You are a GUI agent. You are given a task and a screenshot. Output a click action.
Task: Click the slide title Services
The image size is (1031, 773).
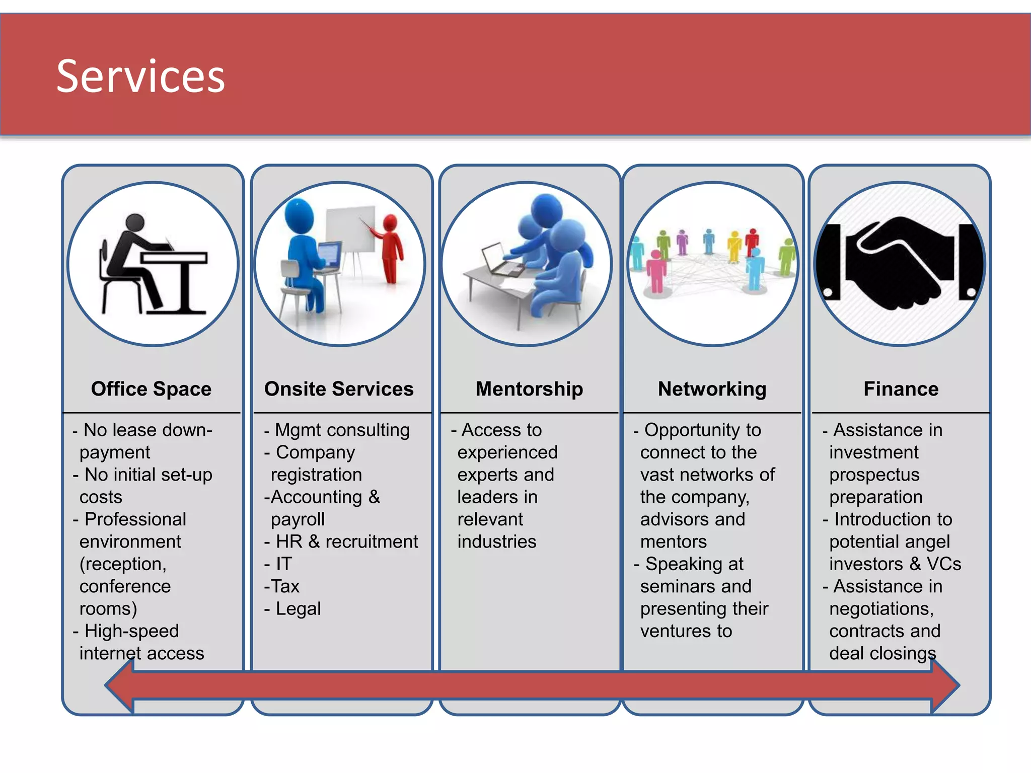point(140,76)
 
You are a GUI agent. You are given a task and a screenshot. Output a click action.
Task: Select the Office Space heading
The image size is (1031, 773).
point(151,389)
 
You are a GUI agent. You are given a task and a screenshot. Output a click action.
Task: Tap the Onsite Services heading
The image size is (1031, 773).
point(339,389)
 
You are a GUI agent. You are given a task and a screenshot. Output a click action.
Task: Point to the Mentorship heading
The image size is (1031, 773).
point(529,389)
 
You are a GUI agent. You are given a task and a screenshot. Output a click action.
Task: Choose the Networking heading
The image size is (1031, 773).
point(712,389)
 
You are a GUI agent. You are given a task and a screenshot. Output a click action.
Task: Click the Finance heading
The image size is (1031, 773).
point(901,389)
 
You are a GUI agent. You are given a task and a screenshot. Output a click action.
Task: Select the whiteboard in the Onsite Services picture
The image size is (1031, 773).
point(350,229)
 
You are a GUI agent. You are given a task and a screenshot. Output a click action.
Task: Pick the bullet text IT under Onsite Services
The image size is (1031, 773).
point(284,564)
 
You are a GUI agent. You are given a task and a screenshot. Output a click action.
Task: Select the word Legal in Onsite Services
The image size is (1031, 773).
point(298,609)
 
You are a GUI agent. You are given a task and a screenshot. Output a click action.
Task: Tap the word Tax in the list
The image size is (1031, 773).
point(285,586)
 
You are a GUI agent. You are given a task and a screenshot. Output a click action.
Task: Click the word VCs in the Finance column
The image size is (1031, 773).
point(944,564)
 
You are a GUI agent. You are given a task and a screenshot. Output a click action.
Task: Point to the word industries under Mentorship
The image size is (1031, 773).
point(497,542)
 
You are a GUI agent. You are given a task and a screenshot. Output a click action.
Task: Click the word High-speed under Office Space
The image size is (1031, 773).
point(132,631)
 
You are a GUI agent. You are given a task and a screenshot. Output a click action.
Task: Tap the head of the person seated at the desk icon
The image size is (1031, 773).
point(135,222)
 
